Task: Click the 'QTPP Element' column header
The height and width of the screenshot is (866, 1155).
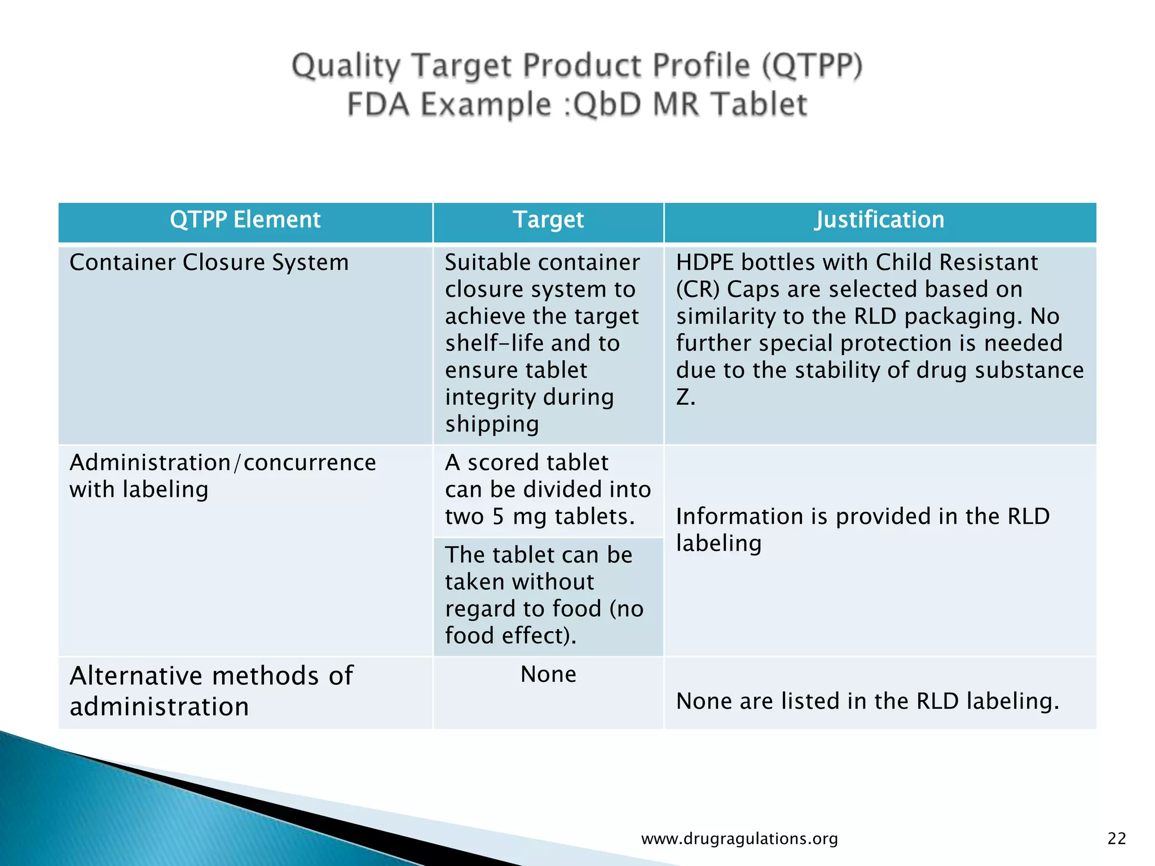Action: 245,220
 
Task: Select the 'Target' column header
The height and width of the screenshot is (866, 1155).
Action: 548,220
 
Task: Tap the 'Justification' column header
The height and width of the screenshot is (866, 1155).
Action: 879,220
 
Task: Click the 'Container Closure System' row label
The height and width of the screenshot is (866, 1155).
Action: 209,263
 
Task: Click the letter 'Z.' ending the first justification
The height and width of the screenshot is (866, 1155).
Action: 685,397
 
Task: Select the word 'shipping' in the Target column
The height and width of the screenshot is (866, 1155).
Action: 492,425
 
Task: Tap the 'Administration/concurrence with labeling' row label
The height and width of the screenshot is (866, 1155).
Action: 222,476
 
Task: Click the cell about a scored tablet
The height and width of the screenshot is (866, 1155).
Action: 548,489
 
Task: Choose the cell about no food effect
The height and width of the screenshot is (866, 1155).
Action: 544,595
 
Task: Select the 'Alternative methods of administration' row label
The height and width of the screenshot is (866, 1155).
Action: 211,691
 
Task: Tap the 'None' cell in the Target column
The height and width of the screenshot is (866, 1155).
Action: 548,674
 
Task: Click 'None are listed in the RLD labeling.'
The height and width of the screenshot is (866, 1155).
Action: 867,701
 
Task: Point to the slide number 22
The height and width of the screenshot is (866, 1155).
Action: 1117,839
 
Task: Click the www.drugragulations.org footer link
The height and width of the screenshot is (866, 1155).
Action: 739,839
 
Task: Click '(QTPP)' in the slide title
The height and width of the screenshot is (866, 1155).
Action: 812,65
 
